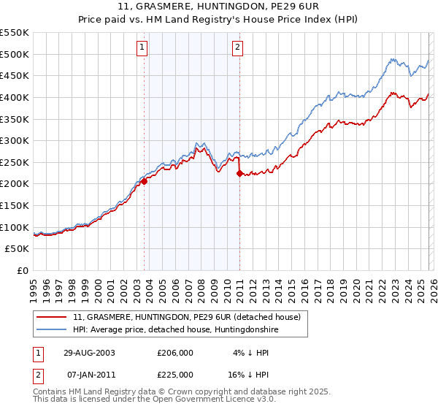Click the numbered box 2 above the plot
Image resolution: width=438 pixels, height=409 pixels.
(238, 48)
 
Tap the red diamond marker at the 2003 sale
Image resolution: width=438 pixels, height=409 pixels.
(145, 182)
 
